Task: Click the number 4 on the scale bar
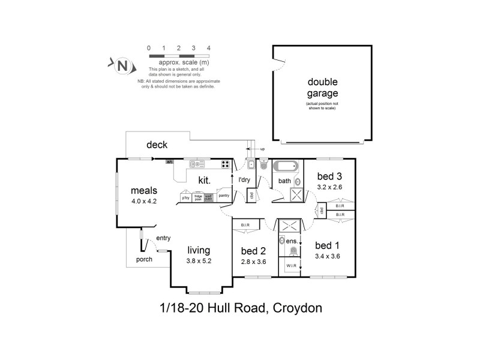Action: point(208,47)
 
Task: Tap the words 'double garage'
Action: point(323,88)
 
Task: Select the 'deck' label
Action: point(157,145)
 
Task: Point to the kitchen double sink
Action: point(197,164)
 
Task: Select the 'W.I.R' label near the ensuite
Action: point(291,265)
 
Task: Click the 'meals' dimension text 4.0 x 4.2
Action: point(144,202)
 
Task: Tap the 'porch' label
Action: point(144,260)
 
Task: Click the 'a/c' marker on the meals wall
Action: point(170,161)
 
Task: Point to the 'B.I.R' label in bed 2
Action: point(245,225)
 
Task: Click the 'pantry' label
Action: point(224,195)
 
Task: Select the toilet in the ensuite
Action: point(293,250)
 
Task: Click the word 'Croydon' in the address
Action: point(298,309)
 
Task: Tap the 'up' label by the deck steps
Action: point(262,149)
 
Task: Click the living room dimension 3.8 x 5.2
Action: point(200,261)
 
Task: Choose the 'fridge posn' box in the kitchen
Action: point(197,197)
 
